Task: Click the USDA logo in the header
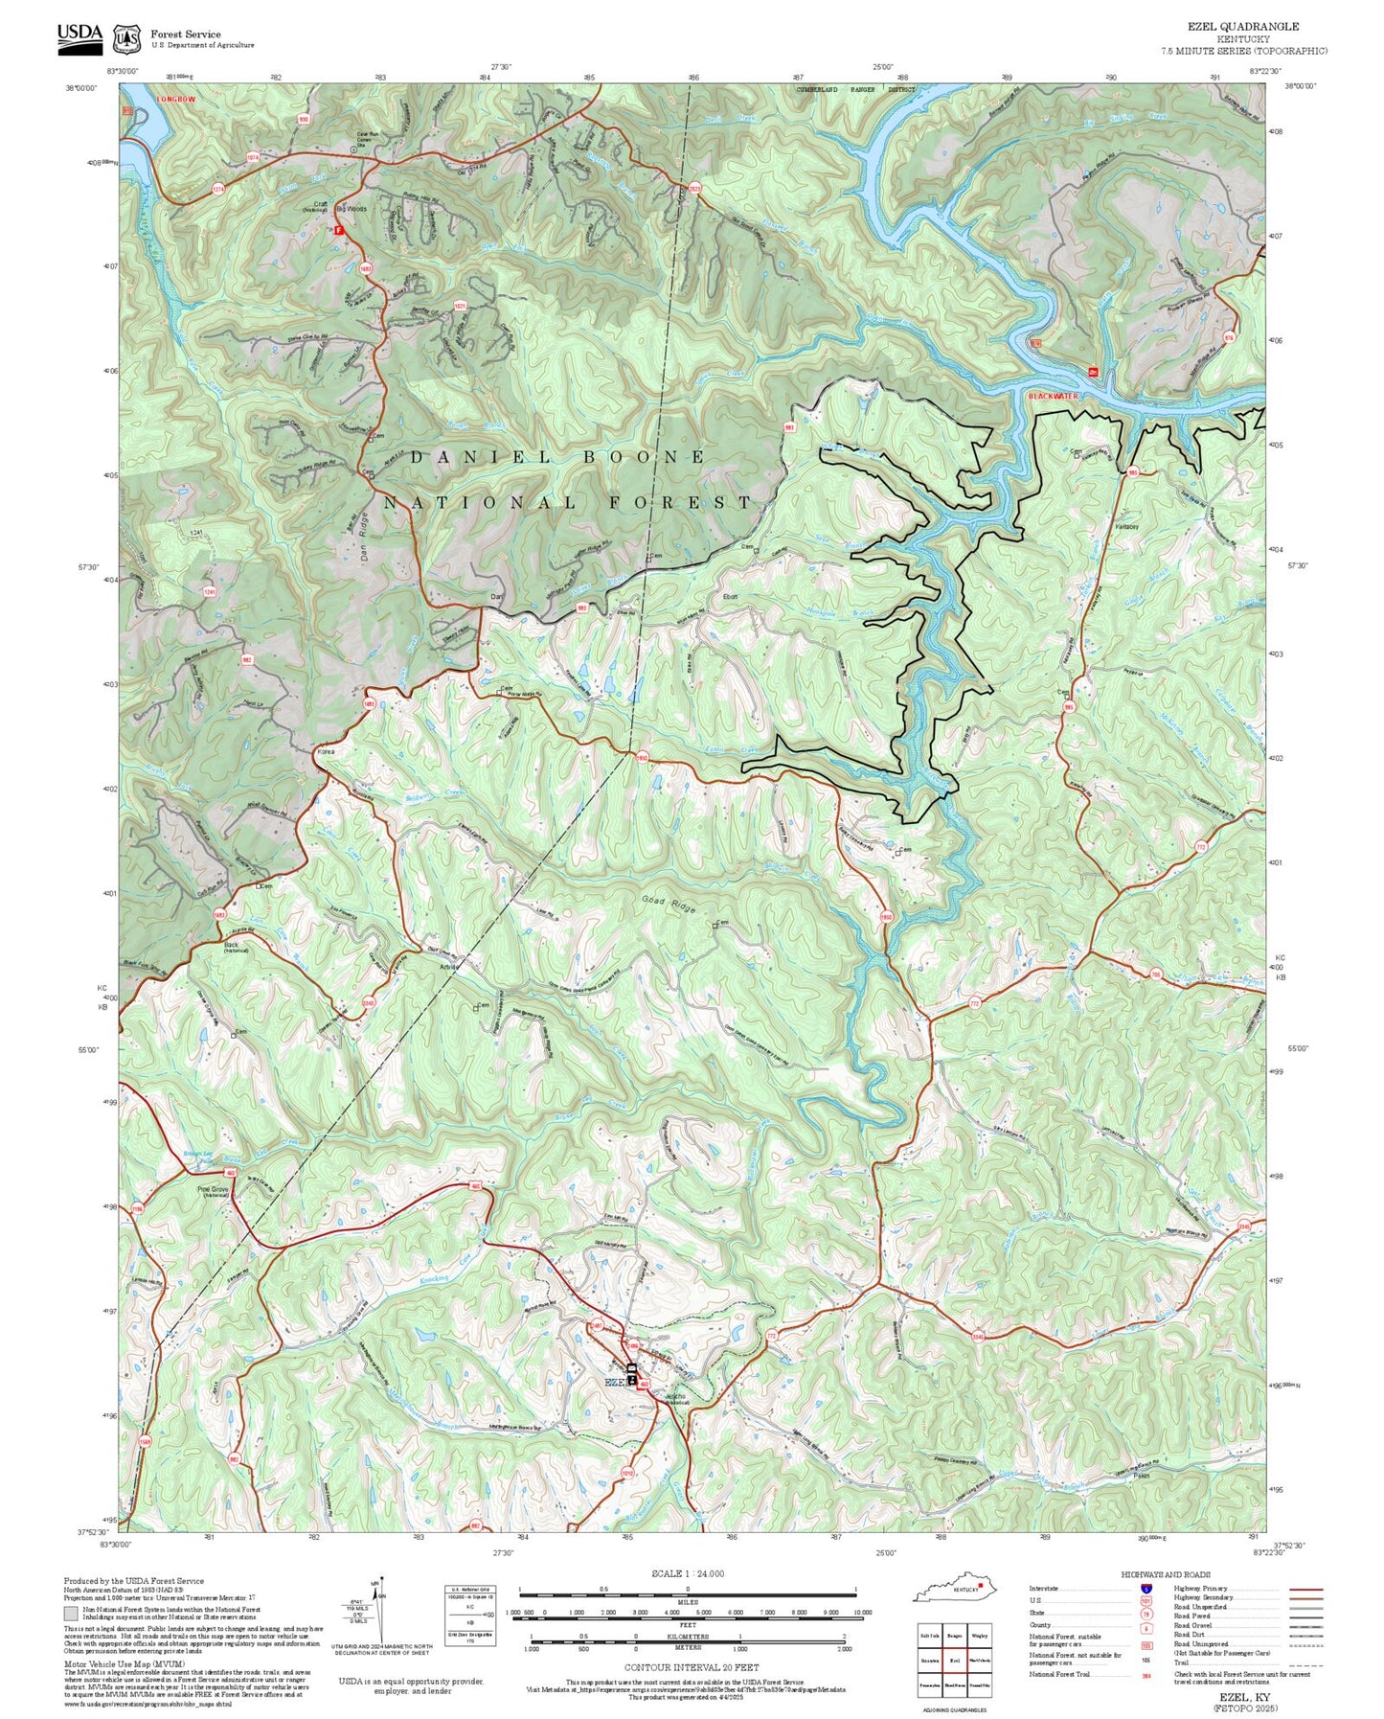pyautogui.click(x=79, y=35)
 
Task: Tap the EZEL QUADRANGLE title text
pyautogui.click(x=1243, y=27)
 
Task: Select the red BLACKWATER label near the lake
pyautogui.click(x=1053, y=396)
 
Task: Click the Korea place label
pyautogui.click(x=326, y=752)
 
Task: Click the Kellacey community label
pyautogui.click(x=1127, y=527)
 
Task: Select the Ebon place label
pyautogui.click(x=730, y=596)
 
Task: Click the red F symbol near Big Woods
pyautogui.click(x=338, y=229)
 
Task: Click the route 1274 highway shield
pyautogui.click(x=218, y=190)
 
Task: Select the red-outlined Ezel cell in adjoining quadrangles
pyautogui.click(x=954, y=1660)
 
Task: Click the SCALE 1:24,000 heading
pyautogui.click(x=688, y=1573)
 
